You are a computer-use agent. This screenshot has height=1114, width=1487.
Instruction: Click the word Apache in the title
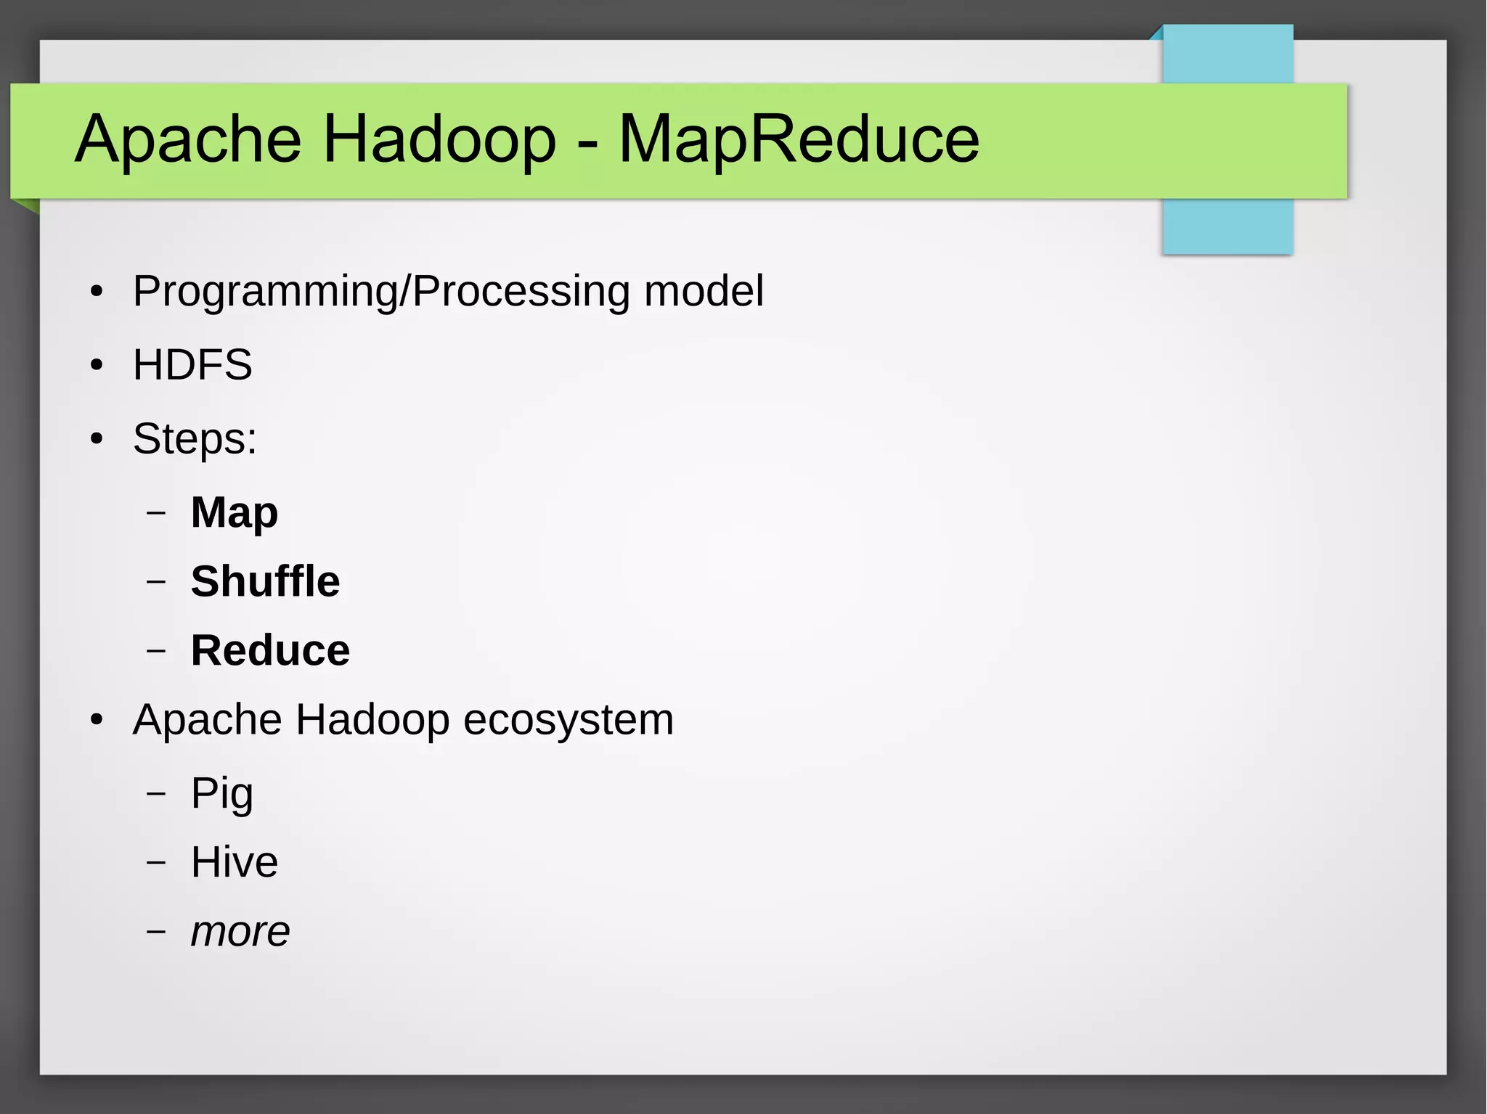point(188,139)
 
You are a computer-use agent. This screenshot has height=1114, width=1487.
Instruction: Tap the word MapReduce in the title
point(799,139)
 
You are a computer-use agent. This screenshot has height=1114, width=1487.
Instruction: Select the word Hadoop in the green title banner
point(439,139)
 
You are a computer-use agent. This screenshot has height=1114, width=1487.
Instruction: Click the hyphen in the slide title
point(587,142)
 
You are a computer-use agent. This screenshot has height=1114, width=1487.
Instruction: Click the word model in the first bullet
point(704,291)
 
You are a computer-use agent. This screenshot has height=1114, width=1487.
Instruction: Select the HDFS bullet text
point(192,364)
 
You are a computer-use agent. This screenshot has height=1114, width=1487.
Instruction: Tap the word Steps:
point(195,439)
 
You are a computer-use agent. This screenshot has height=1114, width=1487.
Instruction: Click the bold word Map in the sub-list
point(234,513)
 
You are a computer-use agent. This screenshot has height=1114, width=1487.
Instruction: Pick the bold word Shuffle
point(265,581)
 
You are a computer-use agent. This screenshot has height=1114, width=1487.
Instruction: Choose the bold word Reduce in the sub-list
point(270,650)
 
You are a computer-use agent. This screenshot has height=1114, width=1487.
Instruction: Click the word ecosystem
point(568,720)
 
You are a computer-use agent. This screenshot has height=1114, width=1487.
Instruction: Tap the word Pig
point(221,793)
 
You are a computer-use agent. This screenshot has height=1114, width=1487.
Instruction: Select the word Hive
point(234,862)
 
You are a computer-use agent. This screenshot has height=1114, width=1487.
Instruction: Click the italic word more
point(240,932)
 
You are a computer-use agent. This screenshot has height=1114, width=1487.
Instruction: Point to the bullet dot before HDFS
point(97,365)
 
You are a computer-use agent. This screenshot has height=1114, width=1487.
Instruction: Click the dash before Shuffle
point(156,581)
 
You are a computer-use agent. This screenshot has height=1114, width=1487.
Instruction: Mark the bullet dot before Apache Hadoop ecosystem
point(97,721)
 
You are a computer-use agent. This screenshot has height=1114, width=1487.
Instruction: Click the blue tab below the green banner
point(1227,226)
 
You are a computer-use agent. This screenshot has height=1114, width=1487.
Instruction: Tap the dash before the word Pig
point(156,793)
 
